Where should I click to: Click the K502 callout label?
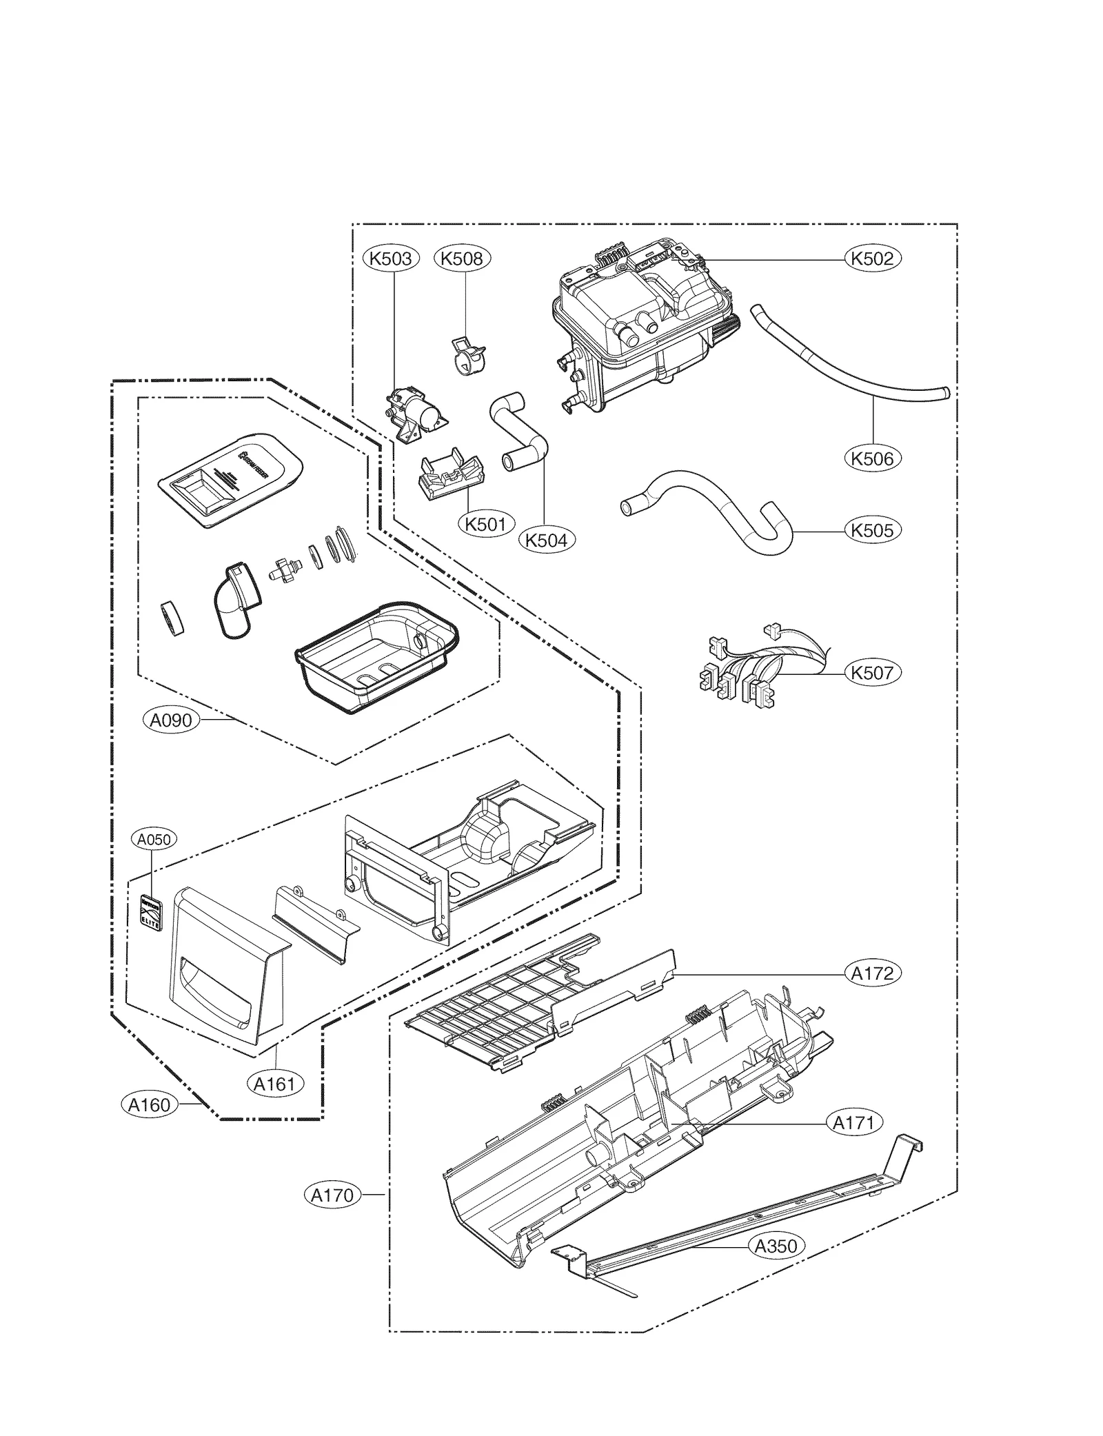pyautogui.click(x=872, y=259)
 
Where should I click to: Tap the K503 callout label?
pyautogui.click(x=391, y=259)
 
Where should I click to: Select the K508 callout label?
pyautogui.click(x=462, y=259)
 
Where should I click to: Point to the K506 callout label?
pyautogui.click(x=872, y=458)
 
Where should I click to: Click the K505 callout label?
pyautogui.click(x=872, y=530)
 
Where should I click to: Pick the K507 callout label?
pyautogui.click(x=872, y=672)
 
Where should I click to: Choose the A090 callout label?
pyautogui.click(x=171, y=720)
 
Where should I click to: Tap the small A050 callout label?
pyautogui.click(x=154, y=840)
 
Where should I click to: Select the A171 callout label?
pyautogui.click(x=854, y=1122)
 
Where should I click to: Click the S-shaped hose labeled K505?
pyautogui.click(x=710, y=510)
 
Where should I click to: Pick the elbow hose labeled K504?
pyautogui.click(x=520, y=434)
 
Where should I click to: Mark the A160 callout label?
pyautogui.click(x=150, y=1105)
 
